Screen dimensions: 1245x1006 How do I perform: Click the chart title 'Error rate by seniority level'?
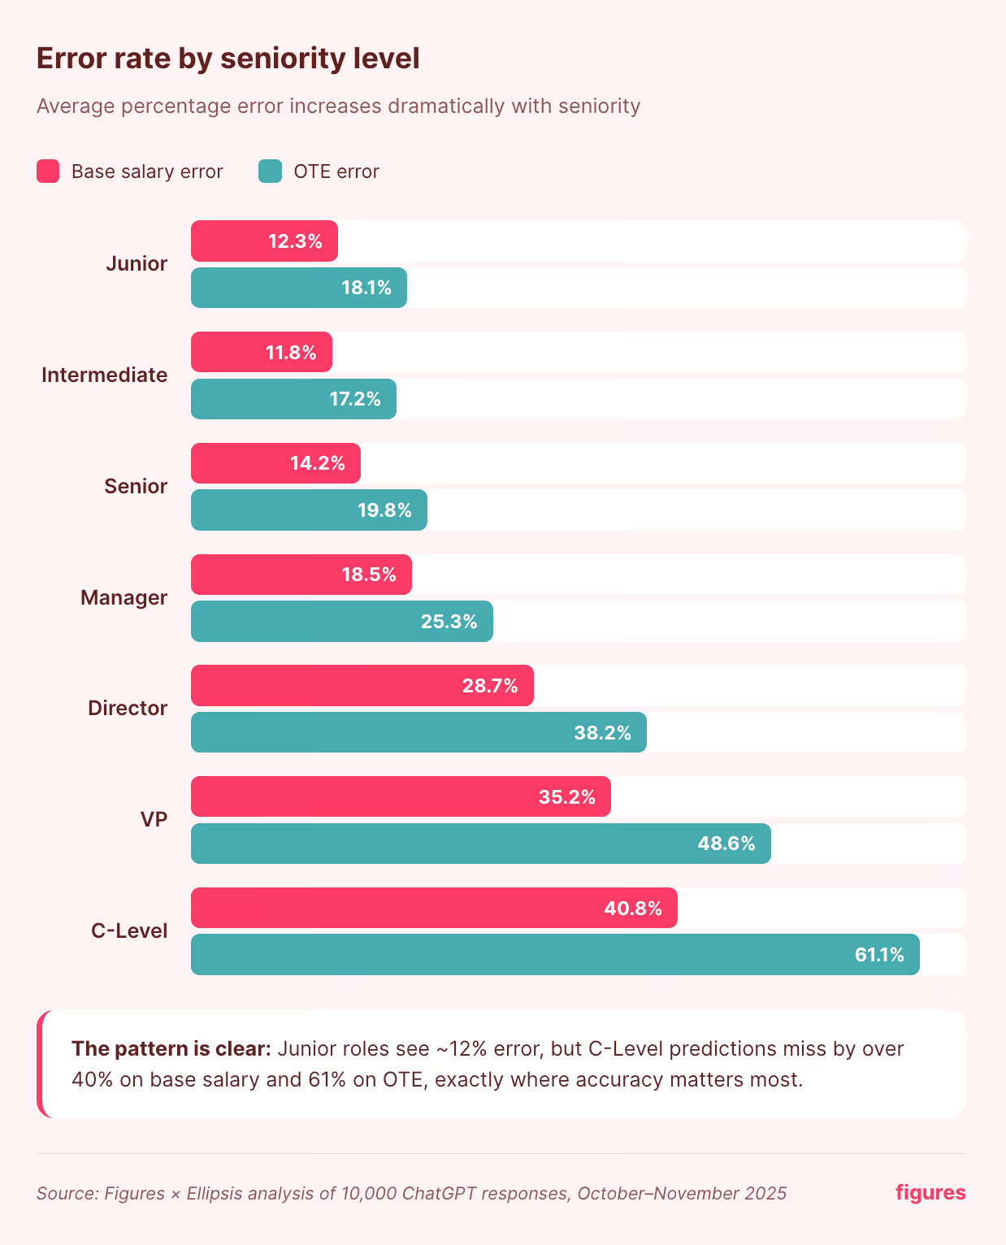point(228,59)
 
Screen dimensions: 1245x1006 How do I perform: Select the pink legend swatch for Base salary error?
point(48,171)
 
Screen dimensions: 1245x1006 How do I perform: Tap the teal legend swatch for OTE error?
point(270,171)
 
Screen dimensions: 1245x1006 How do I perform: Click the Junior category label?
point(137,264)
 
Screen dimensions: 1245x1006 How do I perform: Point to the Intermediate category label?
point(104,375)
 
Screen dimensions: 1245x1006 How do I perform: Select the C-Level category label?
point(129,931)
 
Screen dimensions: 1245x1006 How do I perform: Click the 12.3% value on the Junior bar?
point(295,241)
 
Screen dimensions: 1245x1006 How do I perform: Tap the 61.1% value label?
point(878,955)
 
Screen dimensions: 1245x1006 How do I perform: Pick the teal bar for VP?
point(479,844)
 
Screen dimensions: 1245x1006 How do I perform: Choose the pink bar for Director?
point(362,686)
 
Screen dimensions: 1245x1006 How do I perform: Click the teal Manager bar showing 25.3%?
point(341,622)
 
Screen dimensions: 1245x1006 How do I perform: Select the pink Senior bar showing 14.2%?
point(275,463)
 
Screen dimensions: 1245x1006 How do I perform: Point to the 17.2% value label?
point(355,399)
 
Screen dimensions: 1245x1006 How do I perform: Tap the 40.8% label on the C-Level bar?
point(632,909)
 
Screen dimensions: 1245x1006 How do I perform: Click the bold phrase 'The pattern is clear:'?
point(171,1049)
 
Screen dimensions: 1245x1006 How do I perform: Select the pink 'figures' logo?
point(930,1192)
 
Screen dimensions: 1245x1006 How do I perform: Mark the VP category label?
point(154,820)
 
